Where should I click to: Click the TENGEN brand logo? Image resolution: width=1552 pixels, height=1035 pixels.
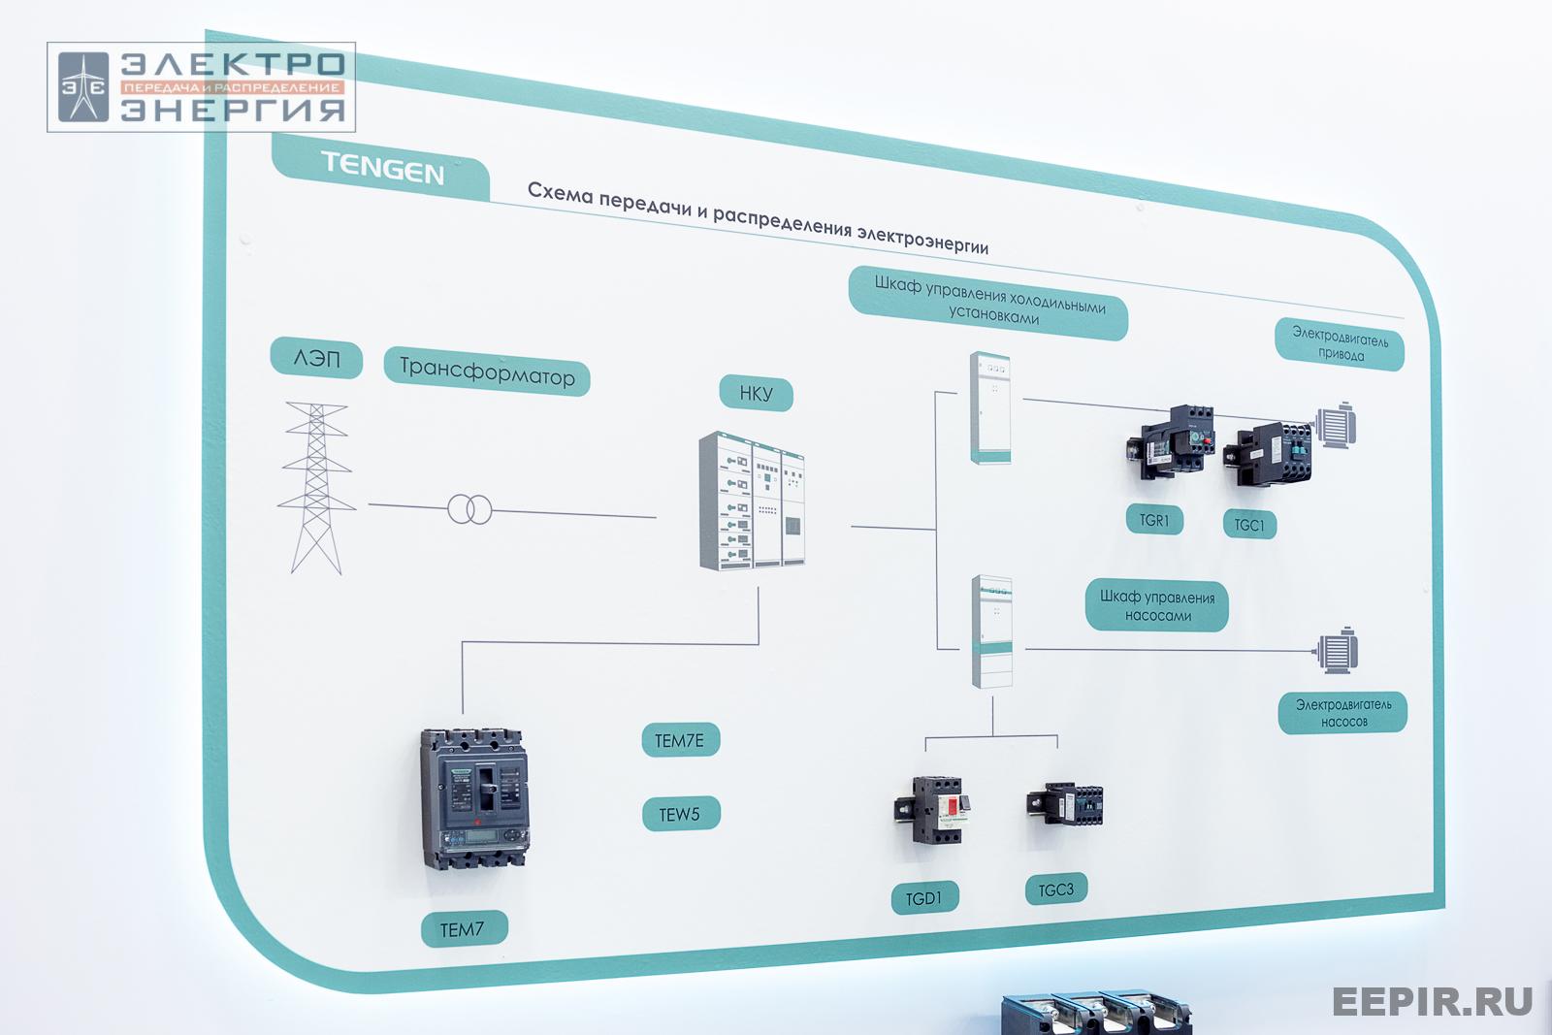click(x=382, y=169)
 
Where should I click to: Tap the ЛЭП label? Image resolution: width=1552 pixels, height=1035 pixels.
click(x=316, y=359)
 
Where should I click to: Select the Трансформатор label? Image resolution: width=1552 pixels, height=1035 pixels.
click(x=487, y=372)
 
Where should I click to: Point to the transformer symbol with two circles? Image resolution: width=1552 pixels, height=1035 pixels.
click(x=469, y=509)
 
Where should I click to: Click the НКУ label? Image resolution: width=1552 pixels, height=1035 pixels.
click(x=756, y=394)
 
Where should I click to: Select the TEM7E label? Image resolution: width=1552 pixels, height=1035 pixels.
click(x=679, y=741)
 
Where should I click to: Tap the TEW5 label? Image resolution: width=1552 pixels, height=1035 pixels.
click(x=680, y=815)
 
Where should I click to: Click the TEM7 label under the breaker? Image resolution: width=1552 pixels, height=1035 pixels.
click(x=463, y=929)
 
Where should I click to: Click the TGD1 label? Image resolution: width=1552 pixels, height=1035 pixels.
click(x=923, y=898)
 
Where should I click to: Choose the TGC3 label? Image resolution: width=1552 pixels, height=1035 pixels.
click(x=1055, y=889)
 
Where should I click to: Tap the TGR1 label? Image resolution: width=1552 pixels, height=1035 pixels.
click(x=1154, y=520)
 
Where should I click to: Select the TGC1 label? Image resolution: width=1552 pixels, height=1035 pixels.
click(x=1249, y=525)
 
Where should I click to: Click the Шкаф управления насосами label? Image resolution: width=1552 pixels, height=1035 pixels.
click(x=1156, y=606)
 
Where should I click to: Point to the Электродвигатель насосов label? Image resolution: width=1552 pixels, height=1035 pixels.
click(x=1342, y=713)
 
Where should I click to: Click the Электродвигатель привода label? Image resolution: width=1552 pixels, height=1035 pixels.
click(x=1340, y=345)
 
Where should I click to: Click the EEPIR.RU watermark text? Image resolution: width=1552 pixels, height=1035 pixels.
click(x=1432, y=1000)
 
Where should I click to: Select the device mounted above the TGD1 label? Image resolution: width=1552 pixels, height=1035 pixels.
click(x=931, y=809)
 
